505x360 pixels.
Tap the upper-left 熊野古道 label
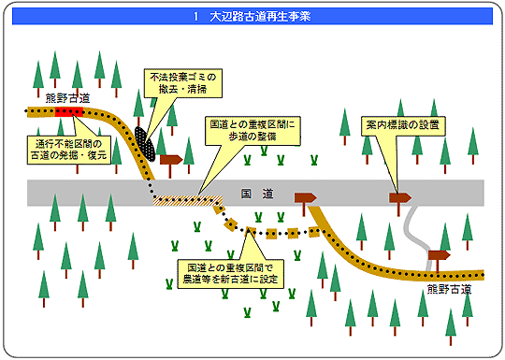[x=67, y=97]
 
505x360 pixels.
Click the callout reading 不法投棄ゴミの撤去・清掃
[x=184, y=82]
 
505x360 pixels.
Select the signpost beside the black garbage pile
[x=170, y=161]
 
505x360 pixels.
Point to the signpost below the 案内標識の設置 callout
[x=400, y=198]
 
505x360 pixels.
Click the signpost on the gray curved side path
[x=438, y=255]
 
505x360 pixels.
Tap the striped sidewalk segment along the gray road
[x=187, y=198]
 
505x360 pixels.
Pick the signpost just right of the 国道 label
[x=305, y=198]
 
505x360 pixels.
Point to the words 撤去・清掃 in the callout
[x=184, y=89]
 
